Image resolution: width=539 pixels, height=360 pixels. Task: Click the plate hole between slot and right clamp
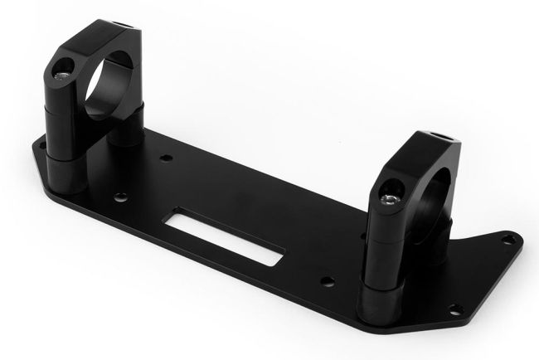tap(327, 281)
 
